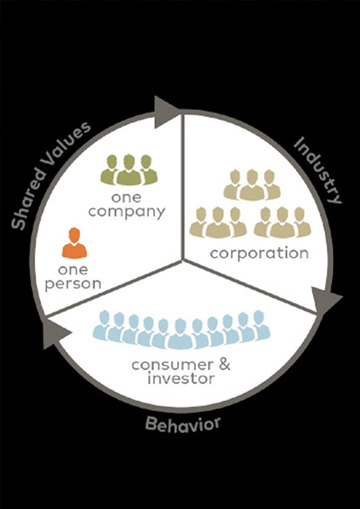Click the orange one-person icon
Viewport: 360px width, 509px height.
click(74, 243)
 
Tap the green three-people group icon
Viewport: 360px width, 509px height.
click(129, 170)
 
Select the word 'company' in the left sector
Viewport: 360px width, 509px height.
click(127, 212)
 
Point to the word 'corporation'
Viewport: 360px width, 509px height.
click(259, 253)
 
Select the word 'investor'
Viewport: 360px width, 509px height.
click(181, 379)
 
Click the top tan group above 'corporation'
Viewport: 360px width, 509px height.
click(252, 185)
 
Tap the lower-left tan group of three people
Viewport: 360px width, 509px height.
click(218, 222)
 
